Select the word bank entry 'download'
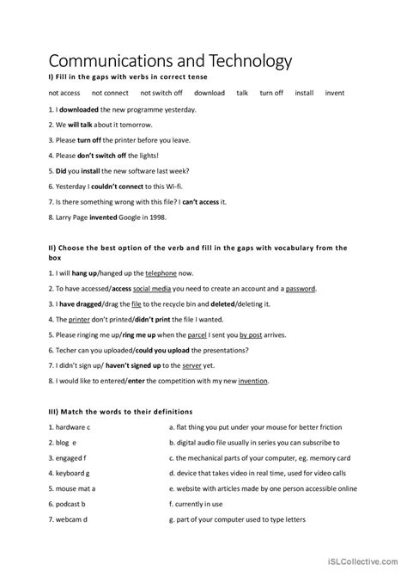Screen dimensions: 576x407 210,93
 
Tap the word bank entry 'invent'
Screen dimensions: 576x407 335,93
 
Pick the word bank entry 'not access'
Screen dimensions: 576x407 64,93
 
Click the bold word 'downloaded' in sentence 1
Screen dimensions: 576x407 79,110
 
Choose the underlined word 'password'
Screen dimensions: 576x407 301,290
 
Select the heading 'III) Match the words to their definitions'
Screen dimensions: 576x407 121,412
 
